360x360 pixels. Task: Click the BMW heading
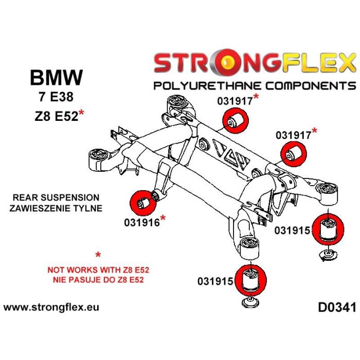coord(56,78)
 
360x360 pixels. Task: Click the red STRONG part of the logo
coord(201,64)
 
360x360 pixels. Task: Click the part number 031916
coord(141,223)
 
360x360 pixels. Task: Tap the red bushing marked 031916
coord(139,201)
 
